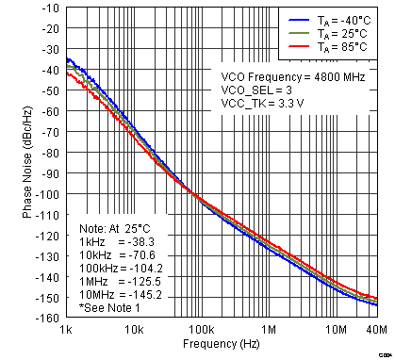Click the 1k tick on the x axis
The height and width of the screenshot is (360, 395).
tap(67, 330)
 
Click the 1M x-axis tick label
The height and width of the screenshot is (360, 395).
tap(271, 330)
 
